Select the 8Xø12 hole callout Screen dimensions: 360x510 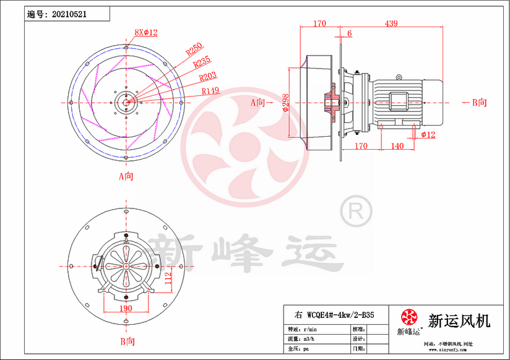point(146,32)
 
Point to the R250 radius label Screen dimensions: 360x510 point(194,48)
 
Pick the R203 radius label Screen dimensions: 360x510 point(208,77)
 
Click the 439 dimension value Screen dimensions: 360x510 point(391,24)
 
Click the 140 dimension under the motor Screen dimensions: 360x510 point(397,147)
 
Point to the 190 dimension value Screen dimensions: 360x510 point(126,307)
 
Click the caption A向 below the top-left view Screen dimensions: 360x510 point(126,176)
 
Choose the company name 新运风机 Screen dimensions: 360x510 point(459,320)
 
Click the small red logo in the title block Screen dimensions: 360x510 point(410,318)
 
